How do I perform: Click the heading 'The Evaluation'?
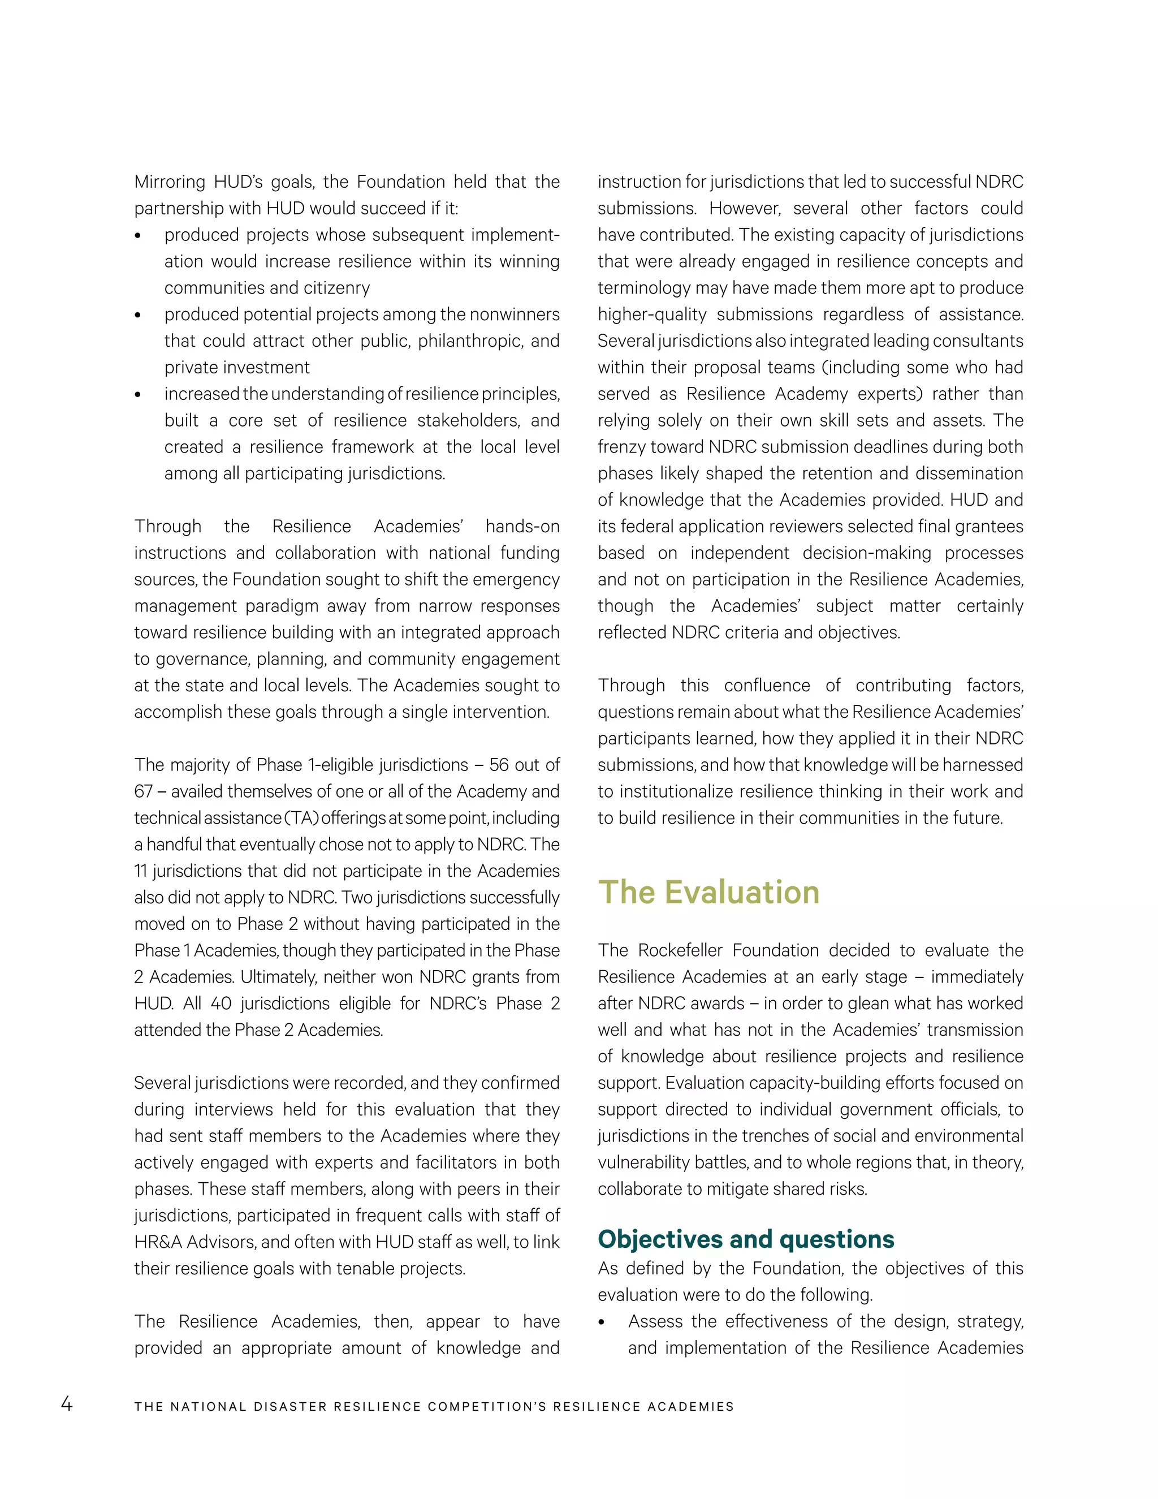coord(708,892)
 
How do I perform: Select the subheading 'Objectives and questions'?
coord(746,1239)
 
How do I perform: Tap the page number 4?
coord(67,1403)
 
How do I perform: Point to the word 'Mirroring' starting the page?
coord(170,182)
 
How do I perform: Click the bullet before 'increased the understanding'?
coord(138,395)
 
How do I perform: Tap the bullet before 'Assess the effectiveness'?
coord(602,1323)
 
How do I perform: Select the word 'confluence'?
coord(767,685)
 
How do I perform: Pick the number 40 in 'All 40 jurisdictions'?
coord(221,1003)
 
